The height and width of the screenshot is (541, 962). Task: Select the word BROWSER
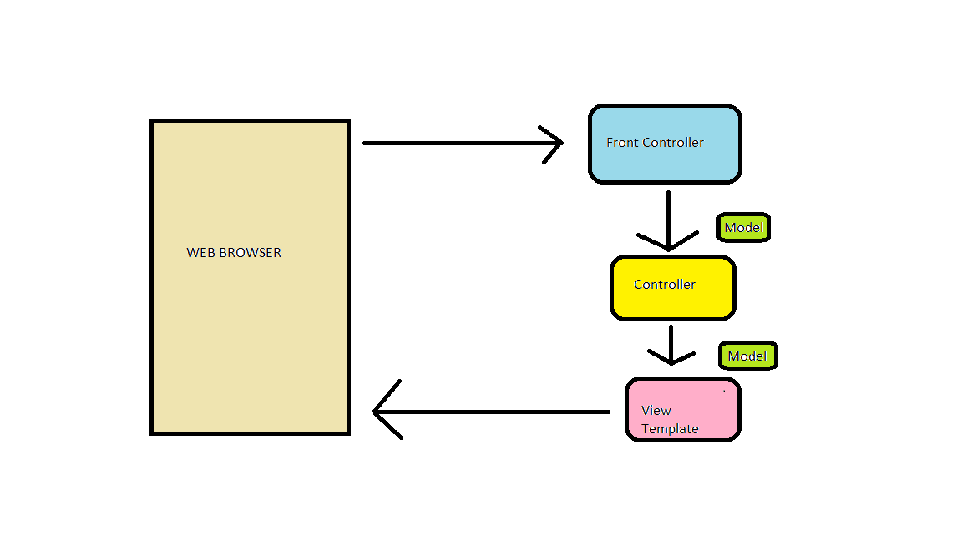click(x=250, y=253)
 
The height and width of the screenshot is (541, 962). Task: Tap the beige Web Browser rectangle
click(x=250, y=334)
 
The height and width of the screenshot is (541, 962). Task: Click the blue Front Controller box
click(x=665, y=164)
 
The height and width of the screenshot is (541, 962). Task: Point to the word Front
click(x=622, y=143)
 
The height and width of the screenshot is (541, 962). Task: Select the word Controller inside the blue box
click(x=673, y=143)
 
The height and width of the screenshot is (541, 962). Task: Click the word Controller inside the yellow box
click(x=665, y=285)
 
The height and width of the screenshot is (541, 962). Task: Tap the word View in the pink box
click(x=656, y=411)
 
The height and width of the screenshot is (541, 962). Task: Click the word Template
click(x=670, y=429)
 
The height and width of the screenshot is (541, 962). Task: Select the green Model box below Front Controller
click(x=743, y=228)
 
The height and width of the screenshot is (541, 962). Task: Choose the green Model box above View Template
click(x=747, y=356)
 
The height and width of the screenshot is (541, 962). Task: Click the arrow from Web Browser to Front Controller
click(x=451, y=144)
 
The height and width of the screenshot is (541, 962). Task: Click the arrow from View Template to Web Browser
click(x=501, y=412)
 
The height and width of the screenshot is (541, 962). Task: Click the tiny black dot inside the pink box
click(x=724, y=390)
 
